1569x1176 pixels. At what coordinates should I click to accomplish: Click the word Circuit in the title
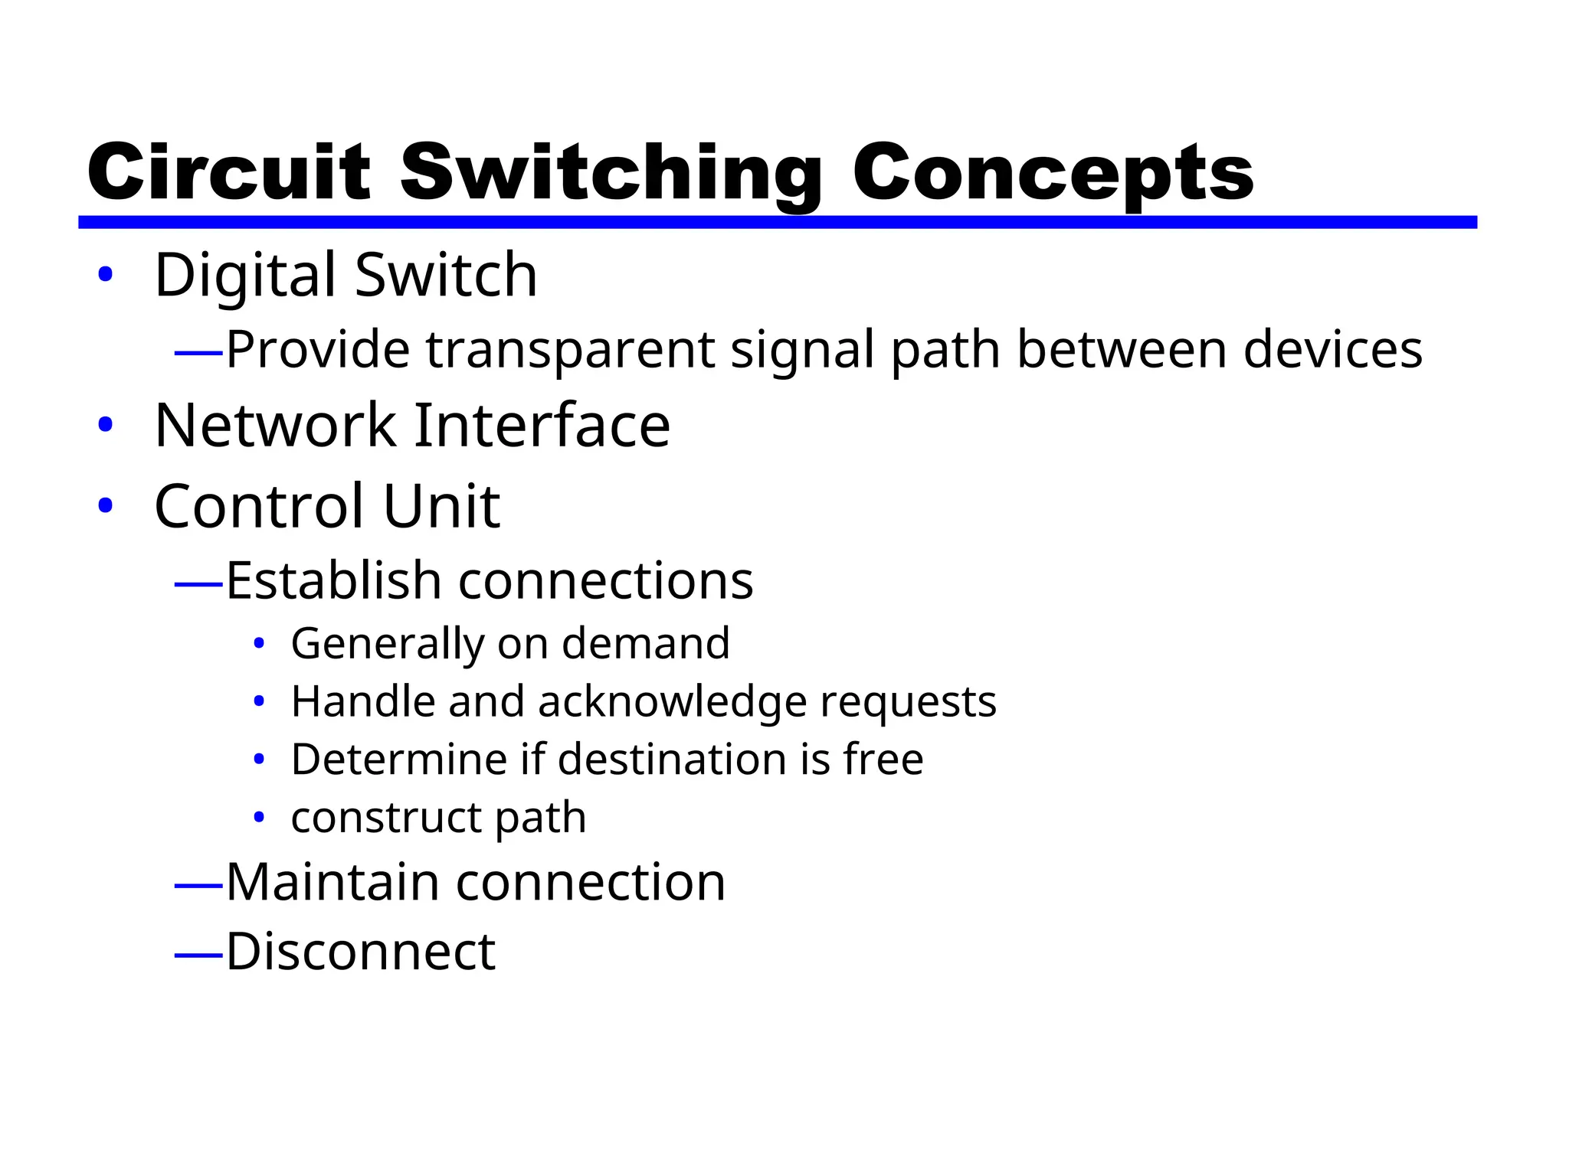tap(229, 172)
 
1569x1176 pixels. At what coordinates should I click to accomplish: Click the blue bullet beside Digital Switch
tap(106, 274)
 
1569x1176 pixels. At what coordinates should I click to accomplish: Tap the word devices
tap(1332, 350)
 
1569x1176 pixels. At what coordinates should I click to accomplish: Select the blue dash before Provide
tap(198, 353)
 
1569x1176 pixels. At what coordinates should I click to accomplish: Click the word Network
tap(275, 426)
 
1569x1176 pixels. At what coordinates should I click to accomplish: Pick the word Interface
tap(542, 426)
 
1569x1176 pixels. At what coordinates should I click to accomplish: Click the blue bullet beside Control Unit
tap(106, 505)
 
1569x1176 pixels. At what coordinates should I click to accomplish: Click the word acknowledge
tap(673, 702)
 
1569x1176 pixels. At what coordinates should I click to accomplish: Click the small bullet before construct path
tap(259, 818)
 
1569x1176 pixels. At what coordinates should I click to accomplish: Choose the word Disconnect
tap(361, 952)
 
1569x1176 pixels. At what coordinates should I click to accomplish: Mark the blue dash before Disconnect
tap(198, 955)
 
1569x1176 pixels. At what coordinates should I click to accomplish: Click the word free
tap(883, 759)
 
